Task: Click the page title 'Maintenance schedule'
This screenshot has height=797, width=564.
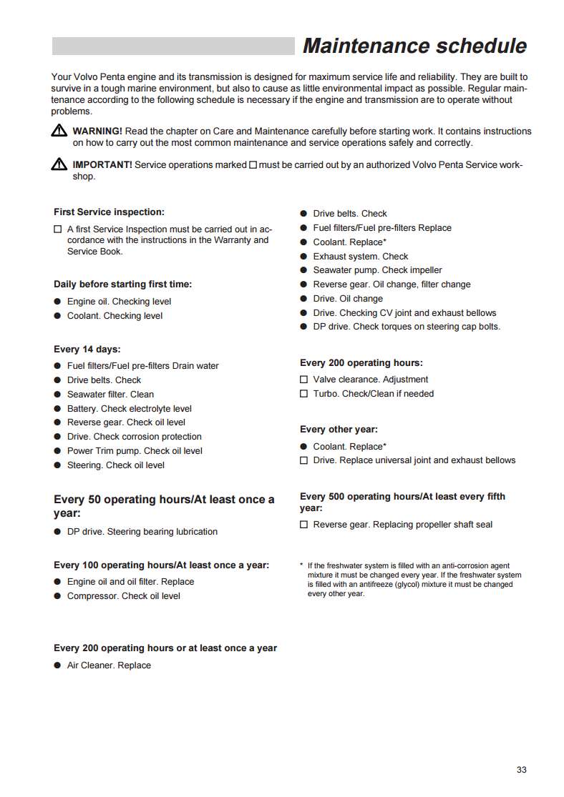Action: (x=414, y=46)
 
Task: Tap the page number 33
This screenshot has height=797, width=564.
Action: (x=521, y=770)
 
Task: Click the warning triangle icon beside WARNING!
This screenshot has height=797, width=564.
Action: (x=59, y=132)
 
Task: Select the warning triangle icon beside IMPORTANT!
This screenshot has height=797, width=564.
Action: (x=59, y=165)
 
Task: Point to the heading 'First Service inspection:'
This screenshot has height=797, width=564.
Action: (x=109, y=212)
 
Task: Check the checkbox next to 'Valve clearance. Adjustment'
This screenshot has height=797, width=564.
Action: (x=303, y=380)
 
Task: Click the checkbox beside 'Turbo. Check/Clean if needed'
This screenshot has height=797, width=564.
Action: (x=303, y=394)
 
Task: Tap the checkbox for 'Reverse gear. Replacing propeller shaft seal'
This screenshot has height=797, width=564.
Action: (x=303, y=525)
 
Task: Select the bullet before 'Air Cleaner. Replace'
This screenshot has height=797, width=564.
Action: (x=57, y=665)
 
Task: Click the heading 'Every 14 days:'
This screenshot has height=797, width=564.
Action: (x=87, y=350)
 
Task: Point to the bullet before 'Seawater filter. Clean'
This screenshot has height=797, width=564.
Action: (x=57, y=395)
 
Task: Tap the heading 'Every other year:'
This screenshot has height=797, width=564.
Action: (x=339, y=430)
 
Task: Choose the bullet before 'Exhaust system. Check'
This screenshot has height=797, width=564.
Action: (x=303, y=257)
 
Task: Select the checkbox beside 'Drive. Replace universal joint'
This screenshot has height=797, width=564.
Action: (x=303, y=460)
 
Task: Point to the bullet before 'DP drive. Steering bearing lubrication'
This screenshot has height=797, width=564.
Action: (x=57, y=532)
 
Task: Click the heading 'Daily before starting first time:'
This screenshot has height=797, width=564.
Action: (x=122, y=284)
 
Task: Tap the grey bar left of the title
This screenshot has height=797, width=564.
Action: (x=173, y=46)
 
